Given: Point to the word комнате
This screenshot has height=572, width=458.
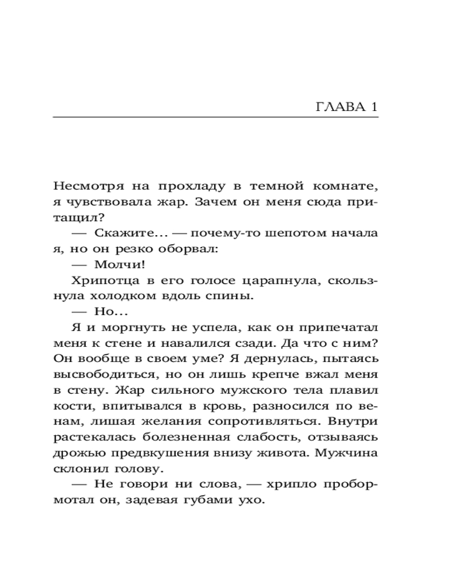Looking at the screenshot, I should coord(348,186).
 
